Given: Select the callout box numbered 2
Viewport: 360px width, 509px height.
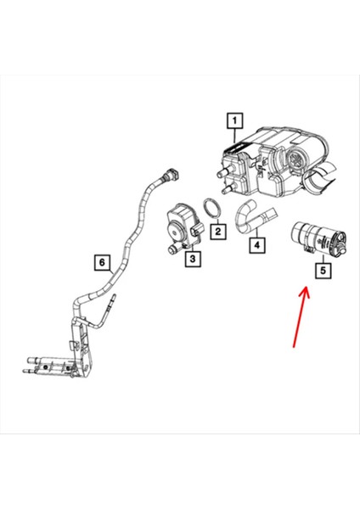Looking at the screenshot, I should click(218, 229).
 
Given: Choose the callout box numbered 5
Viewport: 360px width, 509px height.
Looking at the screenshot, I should click(322, 271).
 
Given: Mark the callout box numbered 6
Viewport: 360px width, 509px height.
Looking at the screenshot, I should click(101, 263).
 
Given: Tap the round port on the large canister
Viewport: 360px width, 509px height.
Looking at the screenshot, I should click(297, 161).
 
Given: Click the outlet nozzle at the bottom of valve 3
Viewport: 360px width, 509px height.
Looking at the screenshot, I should click(166, 251).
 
